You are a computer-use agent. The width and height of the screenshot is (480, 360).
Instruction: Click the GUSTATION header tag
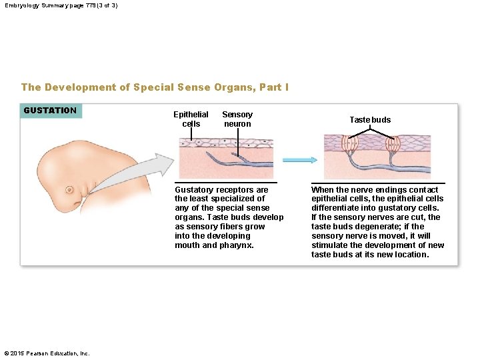click(x=51, y=111)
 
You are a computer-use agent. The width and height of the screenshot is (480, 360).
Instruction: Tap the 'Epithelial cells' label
click(x=191, y=119)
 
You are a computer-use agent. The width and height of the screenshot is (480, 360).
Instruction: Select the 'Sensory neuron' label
click(x=237, y=119)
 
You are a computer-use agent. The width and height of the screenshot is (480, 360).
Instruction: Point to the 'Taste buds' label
click(x=370, y=120)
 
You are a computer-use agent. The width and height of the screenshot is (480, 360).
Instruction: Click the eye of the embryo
click(x=69, y=190)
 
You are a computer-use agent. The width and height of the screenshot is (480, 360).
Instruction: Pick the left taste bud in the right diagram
click(x=351, y=144)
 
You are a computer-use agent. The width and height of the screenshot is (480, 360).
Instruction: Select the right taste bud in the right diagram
click(x=392, y=144)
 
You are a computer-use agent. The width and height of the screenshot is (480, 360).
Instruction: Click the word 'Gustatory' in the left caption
click(x=193, y=190)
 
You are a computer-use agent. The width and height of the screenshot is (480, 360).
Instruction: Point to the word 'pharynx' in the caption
click(x=239, y=245)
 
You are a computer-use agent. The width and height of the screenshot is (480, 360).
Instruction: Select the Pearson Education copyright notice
click(x=47, y=353)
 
